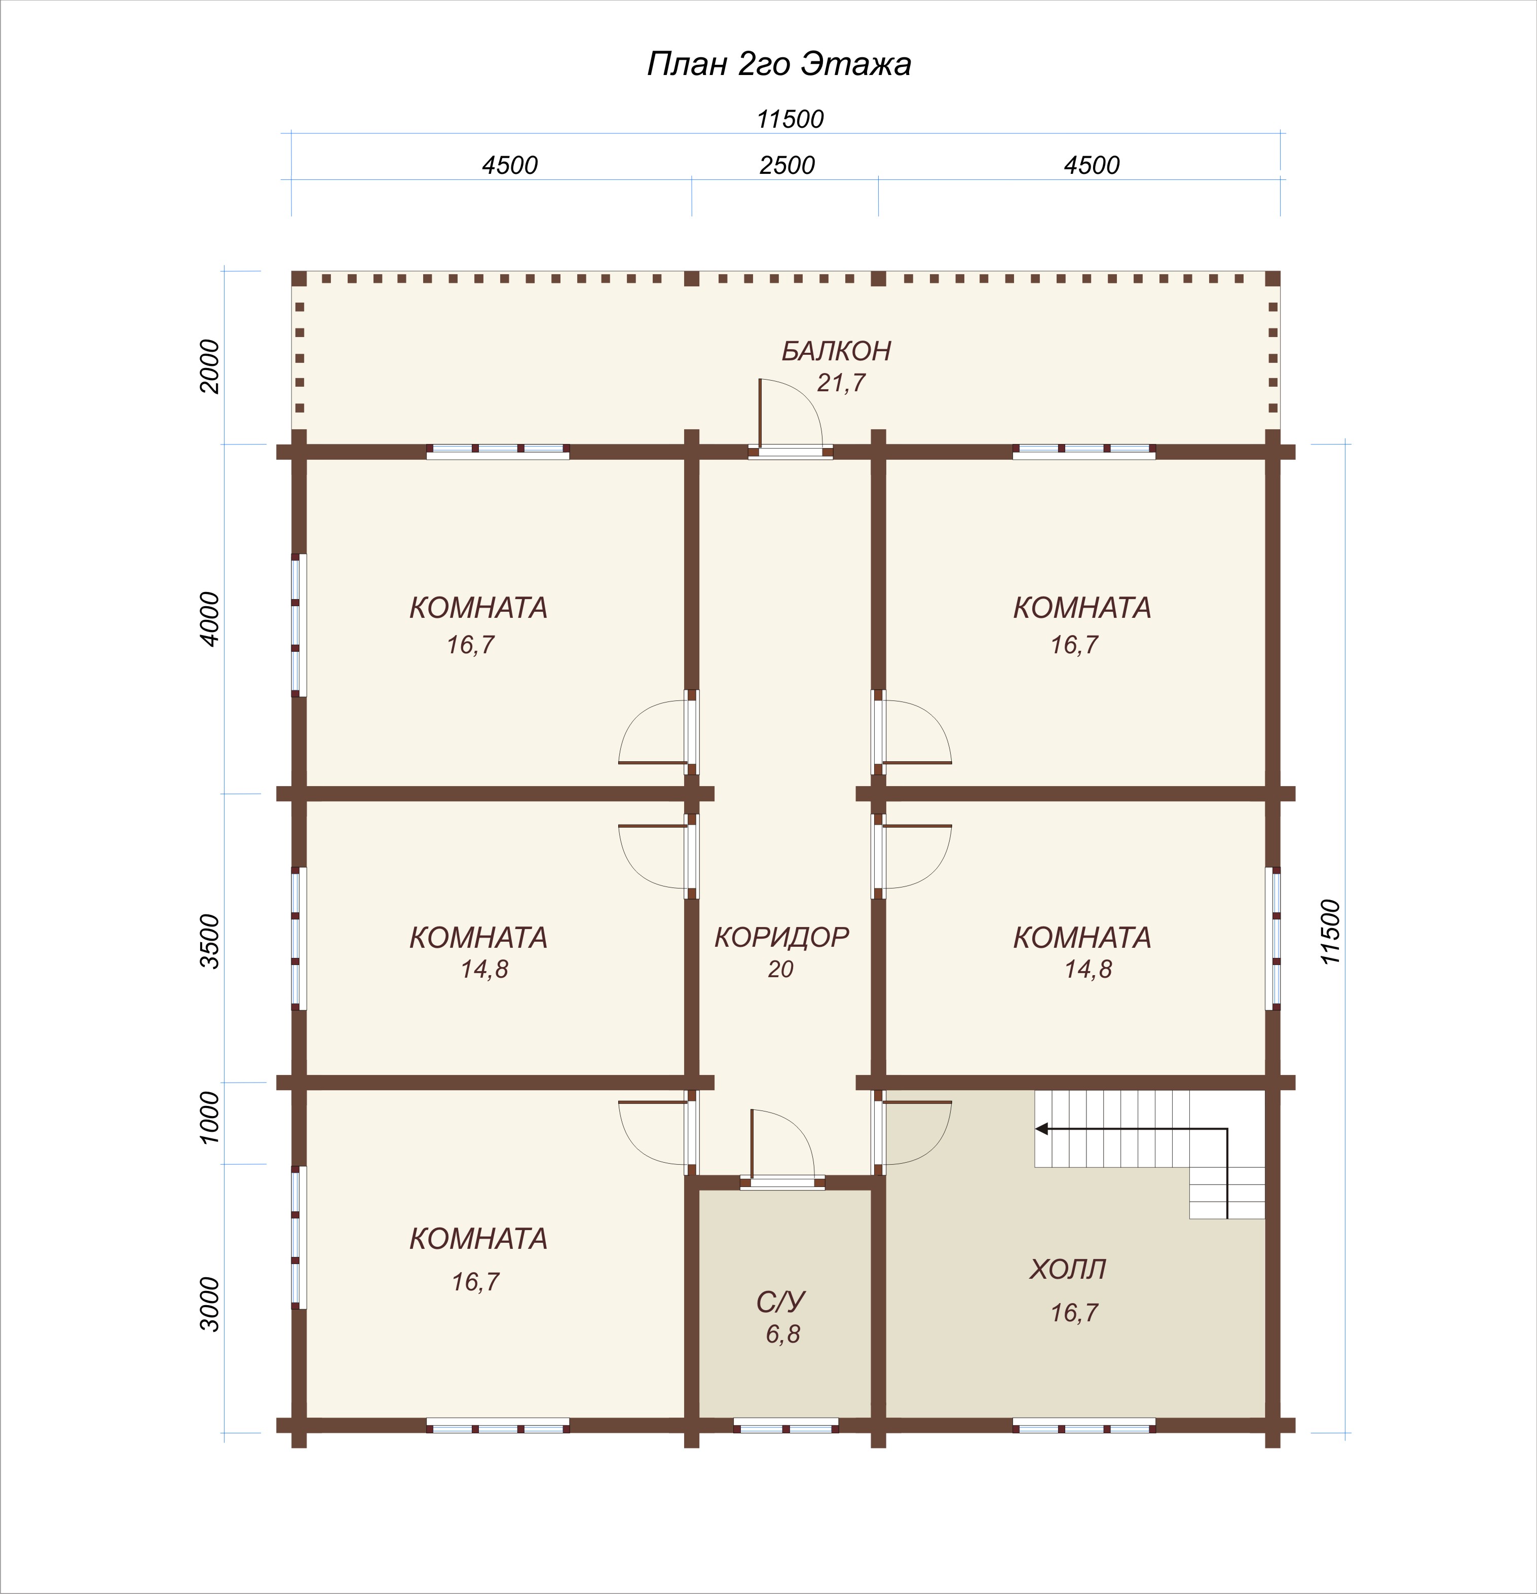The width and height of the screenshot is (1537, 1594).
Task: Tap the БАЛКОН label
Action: coord(836,351)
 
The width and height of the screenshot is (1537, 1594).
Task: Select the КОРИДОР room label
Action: coord(781,937)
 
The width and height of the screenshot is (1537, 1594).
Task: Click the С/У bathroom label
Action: coord(781,1302)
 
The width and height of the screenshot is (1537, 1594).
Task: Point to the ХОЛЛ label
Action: coord(1068,1269)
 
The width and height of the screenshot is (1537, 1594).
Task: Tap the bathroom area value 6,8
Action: coord(782,1334)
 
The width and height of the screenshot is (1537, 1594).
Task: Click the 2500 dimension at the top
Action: coord(786,165)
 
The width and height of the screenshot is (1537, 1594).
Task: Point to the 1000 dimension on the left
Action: coord(210,1118)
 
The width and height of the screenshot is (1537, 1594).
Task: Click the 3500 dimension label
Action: coord(210,941)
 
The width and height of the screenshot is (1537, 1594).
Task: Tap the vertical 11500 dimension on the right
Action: coord(1330,932)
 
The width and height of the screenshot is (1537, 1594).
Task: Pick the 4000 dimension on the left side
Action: coord(210,619)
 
